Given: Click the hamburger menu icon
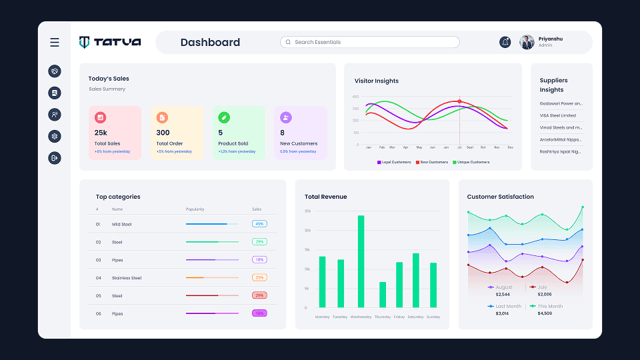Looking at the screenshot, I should click(55, 43).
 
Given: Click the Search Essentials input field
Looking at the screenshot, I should click(370, 42).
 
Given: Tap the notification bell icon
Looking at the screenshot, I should click(505, 42).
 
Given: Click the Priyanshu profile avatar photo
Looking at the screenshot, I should click(527, 42).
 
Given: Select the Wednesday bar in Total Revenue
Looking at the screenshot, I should click(361, 261).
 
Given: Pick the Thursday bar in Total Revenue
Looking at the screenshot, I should click(383, 294).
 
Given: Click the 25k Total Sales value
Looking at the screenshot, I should click(101, 133).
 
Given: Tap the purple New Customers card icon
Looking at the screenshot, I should click(285, 117).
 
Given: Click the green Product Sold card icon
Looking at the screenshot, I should click(224, 117).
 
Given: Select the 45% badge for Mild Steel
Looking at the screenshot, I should click(259, 224).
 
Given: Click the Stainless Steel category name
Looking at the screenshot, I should click(127, 278).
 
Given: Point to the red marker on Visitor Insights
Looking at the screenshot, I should click(459, 101).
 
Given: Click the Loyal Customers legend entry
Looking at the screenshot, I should click(394, 162).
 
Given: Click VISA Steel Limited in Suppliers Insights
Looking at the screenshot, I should click(557, 115).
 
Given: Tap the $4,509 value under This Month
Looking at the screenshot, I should click(544, 313).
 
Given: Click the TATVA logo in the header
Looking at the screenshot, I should click(110, 42).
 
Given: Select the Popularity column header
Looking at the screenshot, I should click(195, 209).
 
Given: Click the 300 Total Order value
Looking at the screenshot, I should click(163, 133).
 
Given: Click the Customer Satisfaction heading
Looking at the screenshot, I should click(500, 197).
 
